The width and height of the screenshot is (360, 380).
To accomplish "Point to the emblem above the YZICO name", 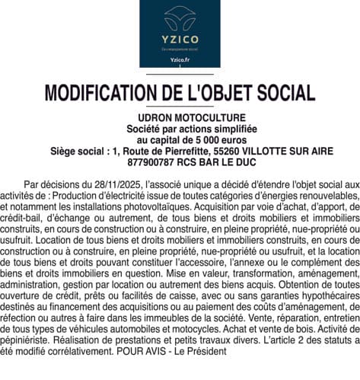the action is (180, 16).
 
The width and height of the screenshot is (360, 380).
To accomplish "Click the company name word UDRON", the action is (154, 118).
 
